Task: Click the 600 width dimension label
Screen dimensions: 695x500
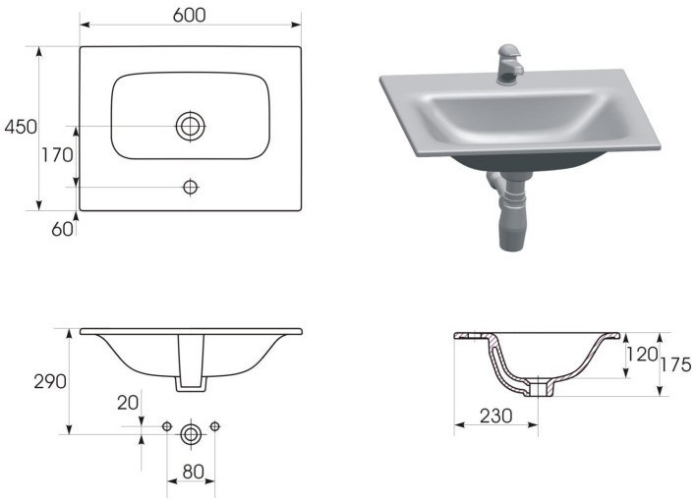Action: click(190, 15)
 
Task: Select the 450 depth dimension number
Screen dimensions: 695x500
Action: click(21, 127)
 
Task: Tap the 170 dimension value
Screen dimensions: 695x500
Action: click(57, 155)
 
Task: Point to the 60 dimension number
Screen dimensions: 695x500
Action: click(62, 229)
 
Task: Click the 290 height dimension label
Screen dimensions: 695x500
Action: click(50, 381)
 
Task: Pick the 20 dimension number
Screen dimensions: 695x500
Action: click(128, 403)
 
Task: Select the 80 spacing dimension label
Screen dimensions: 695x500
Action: click(194, 472)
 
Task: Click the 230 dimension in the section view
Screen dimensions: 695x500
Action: click(496, 416)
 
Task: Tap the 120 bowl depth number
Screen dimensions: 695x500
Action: click(641, 355)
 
